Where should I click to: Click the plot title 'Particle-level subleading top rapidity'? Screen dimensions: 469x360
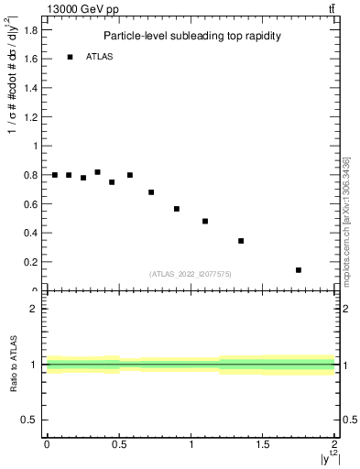point(191,36)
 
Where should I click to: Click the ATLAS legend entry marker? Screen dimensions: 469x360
point(70,57)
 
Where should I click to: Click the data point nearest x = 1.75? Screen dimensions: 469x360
point(299,270)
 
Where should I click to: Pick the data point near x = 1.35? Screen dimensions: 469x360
point(241,241)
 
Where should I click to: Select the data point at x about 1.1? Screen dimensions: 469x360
point(205,221)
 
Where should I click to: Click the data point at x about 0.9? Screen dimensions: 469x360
point(177,209)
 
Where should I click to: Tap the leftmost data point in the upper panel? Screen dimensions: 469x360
point(55,175)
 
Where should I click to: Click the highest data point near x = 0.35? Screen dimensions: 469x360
point(97,172)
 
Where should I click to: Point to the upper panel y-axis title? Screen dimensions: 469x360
point(12,101)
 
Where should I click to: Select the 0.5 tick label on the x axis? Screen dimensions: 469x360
point(119,445)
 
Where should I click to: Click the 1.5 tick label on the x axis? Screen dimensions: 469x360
point(263,445)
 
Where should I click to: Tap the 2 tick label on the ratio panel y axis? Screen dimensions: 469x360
point(34,309)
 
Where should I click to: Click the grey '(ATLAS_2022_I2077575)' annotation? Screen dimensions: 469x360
point(191,274)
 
